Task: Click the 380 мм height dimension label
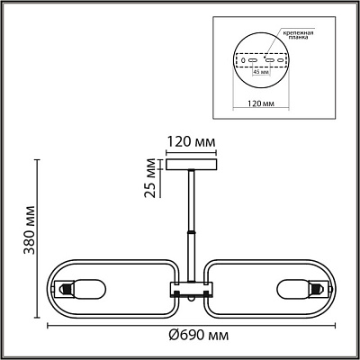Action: pyautogui.click(x=30, y=229)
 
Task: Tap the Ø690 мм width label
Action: pyautogui.click(x=198, y=335)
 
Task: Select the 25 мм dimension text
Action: pyautogui.click(x=150, y=177)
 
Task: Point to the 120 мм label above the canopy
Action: pyautogui.click(x=191, y=141)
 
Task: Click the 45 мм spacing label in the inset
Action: pyautogui.click(x=260, y=72)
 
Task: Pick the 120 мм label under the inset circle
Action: pyautogui.click(x=261, y=103)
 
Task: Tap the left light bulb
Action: pyautogui.click(x=89, y=290)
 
